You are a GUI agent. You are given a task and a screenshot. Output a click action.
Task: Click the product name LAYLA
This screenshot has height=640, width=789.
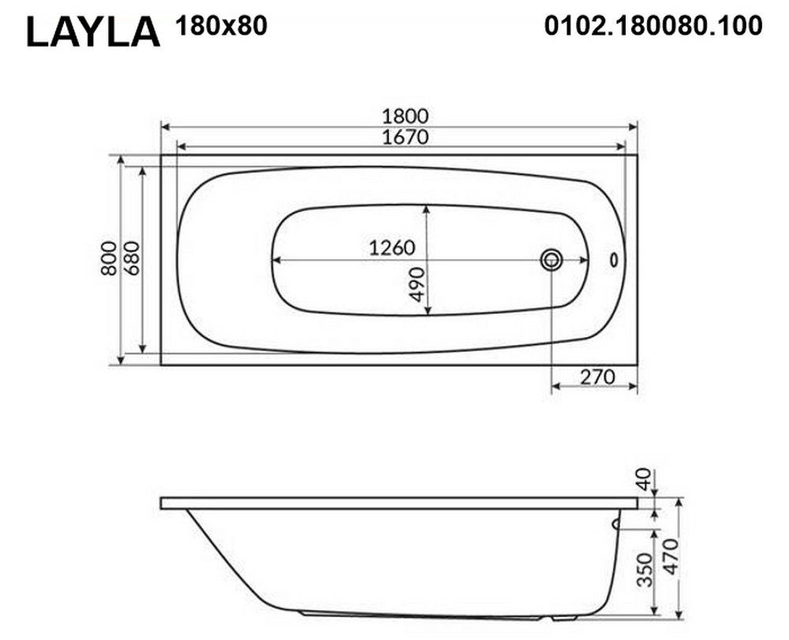[93, 32]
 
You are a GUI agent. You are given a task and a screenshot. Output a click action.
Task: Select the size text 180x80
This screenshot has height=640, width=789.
[222, 26]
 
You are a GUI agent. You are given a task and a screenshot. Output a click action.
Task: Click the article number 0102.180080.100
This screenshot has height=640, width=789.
[653, 26]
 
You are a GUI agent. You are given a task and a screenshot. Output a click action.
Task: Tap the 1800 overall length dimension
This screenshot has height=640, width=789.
[405, 116]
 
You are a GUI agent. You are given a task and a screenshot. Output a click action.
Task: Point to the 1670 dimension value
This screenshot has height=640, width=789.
[405, 137]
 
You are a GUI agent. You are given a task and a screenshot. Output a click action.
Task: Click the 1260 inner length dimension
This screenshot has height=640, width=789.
[392, 248]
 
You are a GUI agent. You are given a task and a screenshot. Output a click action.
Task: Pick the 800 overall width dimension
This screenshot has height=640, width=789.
[109, 258]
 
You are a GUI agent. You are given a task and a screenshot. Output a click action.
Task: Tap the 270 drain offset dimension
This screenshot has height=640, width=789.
[598, 376]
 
